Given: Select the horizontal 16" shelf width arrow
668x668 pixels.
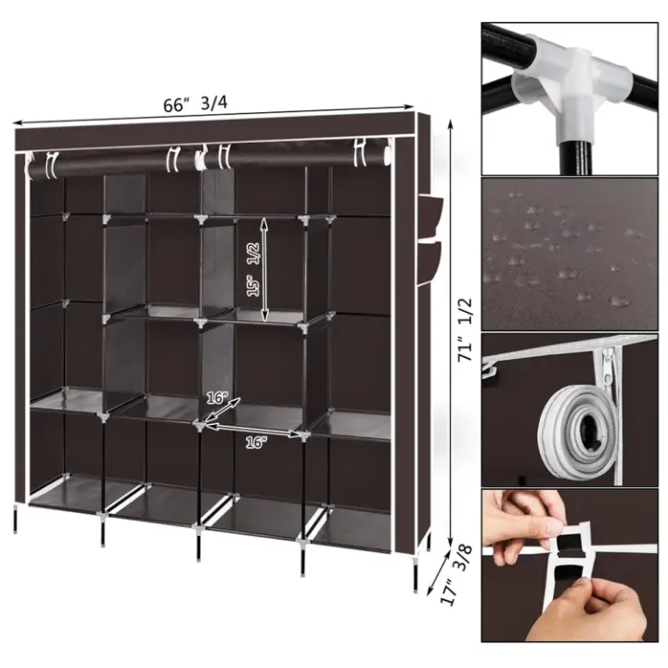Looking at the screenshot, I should tap(254, 430).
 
